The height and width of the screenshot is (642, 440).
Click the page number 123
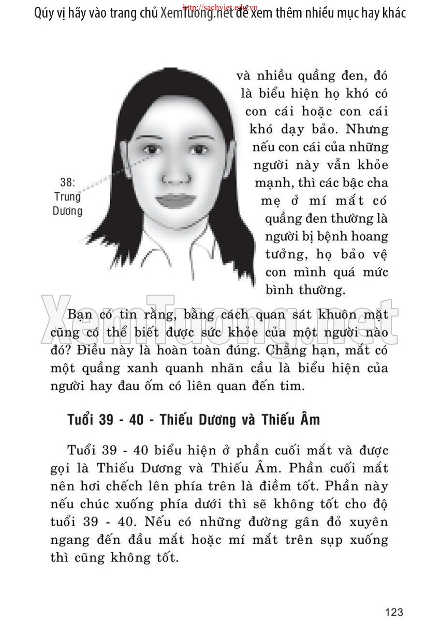[x=394, y=613]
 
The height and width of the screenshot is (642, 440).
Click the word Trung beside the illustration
[x=67, y=197]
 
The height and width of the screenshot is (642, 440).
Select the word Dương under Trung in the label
[x=68, y=211]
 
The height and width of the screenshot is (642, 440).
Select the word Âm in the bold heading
[x=309, y=420]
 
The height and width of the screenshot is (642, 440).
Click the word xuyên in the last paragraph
[x=369, y=522]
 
